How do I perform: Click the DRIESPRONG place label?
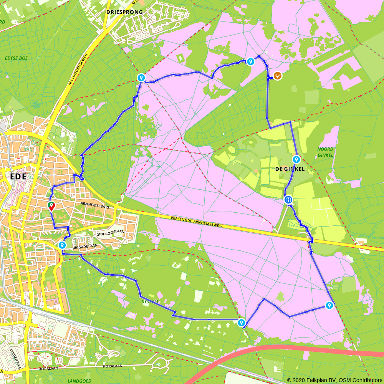(x=124, y=12)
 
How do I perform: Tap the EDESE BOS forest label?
(x=17, y=58)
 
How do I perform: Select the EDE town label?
(x=17, y=177)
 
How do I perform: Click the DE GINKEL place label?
(x=290, y=169)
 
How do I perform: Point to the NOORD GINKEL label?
(x=326, y=152)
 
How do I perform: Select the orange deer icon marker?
(x=277, y=76)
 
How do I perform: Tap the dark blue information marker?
(x=288, y=200)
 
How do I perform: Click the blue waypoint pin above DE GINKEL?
(x=296, y=159)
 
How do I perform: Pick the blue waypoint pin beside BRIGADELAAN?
(x=62, y=245)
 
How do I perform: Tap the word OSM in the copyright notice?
(x=342, y=380)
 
